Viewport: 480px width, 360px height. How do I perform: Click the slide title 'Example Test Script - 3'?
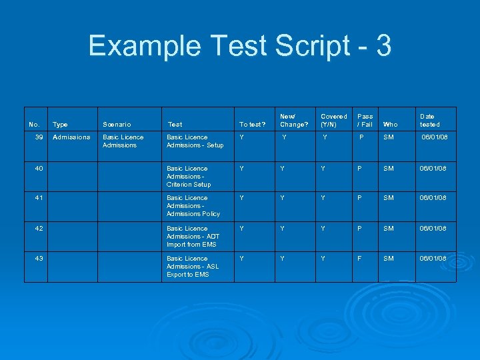[240, 47]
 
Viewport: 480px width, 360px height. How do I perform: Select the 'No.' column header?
[34, 124]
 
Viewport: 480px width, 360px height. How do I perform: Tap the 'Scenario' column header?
[117, 124]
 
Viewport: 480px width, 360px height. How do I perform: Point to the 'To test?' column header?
[253, 124]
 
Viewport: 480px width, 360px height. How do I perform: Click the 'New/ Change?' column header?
[294, 120]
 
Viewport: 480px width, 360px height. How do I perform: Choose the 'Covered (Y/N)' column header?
[334, 120]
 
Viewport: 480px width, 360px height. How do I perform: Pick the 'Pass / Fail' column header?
[365, 120]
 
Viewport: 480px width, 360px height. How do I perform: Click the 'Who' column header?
[391, 124]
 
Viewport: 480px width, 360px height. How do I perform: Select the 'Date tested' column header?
[429, 120]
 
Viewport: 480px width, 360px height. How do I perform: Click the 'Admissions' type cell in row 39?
[71, 137]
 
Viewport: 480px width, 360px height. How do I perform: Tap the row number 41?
[39, 198]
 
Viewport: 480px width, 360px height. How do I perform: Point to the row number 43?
[39, 259]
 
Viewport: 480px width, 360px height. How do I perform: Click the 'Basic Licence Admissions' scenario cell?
[123, 141]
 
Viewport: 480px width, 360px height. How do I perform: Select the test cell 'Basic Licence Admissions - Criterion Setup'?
[189, 176]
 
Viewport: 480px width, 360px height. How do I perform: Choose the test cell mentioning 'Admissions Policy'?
[193, 205]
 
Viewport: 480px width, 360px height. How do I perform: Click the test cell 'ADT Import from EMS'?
[193, 236]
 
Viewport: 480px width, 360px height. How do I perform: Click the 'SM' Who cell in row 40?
[389, 169]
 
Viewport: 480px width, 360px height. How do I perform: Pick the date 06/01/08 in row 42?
[433, 229]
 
